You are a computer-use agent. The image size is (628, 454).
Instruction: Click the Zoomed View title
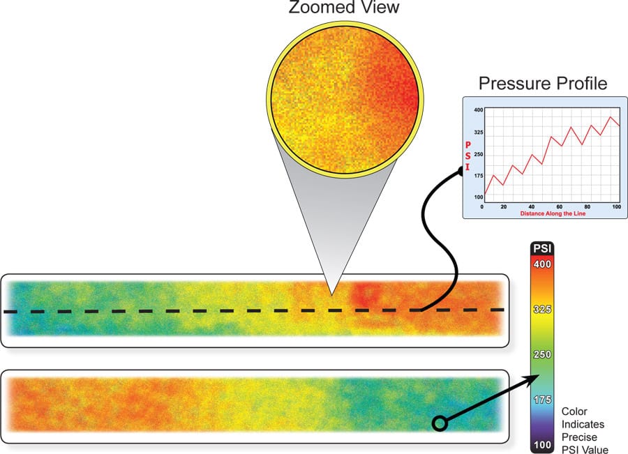(343, 7)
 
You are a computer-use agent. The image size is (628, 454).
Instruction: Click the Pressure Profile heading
(543, 83)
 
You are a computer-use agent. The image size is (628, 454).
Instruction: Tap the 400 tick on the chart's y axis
(478, 109)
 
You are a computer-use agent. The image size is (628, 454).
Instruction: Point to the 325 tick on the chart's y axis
(478, 132)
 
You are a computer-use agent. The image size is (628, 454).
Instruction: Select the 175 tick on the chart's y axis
(478, 176)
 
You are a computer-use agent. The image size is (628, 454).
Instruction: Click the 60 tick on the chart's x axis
(559, 206)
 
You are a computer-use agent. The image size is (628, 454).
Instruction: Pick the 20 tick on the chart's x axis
(503, 206)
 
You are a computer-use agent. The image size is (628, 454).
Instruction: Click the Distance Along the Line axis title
(553, 213)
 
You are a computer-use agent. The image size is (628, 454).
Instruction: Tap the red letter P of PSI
(468, 145)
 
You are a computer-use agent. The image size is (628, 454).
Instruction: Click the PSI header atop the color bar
(542, 248)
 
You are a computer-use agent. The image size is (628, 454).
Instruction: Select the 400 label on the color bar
(542, 264)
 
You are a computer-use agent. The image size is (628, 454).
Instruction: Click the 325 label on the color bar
(542, 309)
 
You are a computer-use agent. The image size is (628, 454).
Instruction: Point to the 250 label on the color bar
(542, 354)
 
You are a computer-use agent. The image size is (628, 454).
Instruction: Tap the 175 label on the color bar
(542, 400)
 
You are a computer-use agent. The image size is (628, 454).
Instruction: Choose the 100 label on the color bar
(542, 444)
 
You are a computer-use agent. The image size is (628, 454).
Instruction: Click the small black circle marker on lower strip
(440, 423)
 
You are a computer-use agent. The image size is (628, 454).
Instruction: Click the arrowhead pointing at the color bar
(534, 379)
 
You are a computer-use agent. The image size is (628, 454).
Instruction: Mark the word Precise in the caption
(579, 437)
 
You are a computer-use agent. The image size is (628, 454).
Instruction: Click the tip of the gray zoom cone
(331, 295)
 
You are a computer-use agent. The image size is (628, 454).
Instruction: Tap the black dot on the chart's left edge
(461, 172)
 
